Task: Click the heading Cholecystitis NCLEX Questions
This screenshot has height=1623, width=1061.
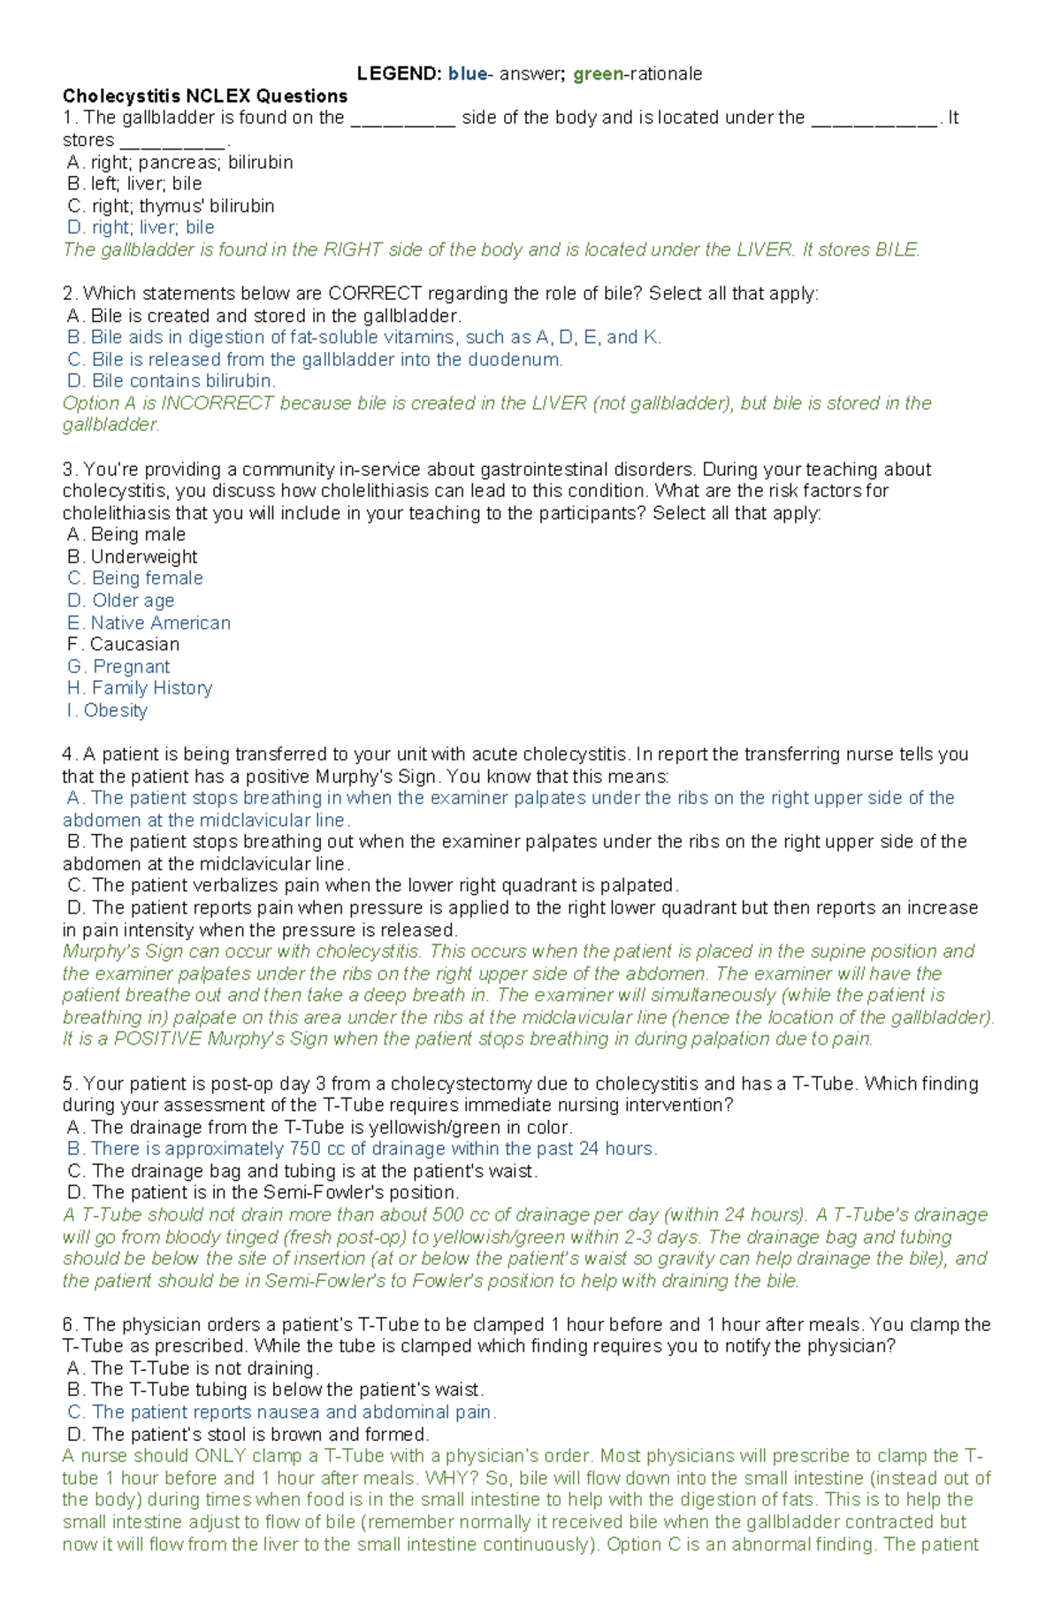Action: [x=204, y=96]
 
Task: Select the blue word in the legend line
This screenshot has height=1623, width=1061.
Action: [x=467, y=74]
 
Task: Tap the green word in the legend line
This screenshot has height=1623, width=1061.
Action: [x=598, y=74]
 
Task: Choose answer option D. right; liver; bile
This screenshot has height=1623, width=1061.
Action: [x=141, y=227]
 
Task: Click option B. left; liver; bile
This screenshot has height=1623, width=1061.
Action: [x=134, y=184]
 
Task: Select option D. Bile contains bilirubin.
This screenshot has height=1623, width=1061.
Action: [x=172, y=381]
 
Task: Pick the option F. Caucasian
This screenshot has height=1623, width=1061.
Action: [x=124, y=645]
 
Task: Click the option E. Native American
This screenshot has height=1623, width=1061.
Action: [x=149, y=623]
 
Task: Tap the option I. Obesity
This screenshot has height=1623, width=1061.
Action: [x=107, y=711]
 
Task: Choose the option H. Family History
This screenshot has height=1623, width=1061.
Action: [x=140, y=688]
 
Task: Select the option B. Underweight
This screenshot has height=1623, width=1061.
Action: [x=133, y=557]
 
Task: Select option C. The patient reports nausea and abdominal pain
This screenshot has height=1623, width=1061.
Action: [x=282, y=1412]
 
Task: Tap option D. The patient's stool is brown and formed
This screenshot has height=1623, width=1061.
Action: [x=248, y=1435]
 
